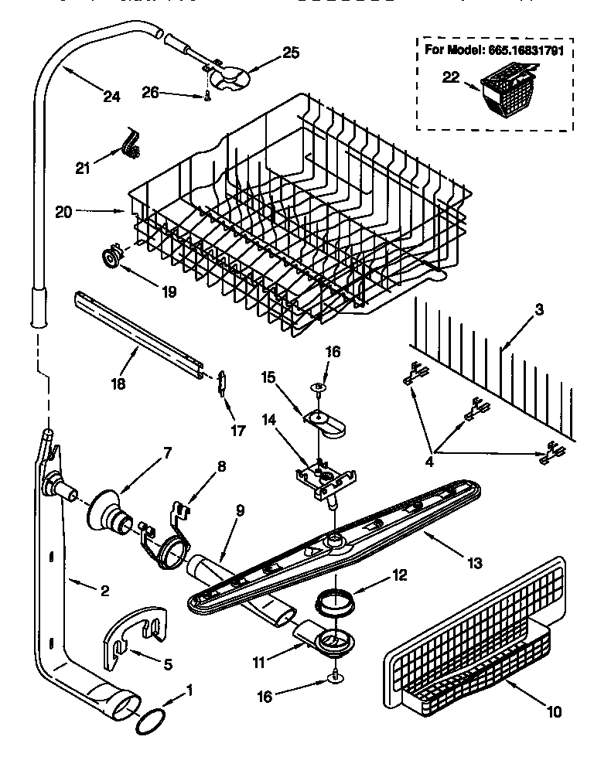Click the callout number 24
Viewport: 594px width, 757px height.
click(111, 97)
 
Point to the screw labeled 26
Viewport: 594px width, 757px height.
click(208, 95)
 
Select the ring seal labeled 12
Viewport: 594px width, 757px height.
click(336, 600)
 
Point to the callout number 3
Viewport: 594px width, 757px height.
click(539, 309)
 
